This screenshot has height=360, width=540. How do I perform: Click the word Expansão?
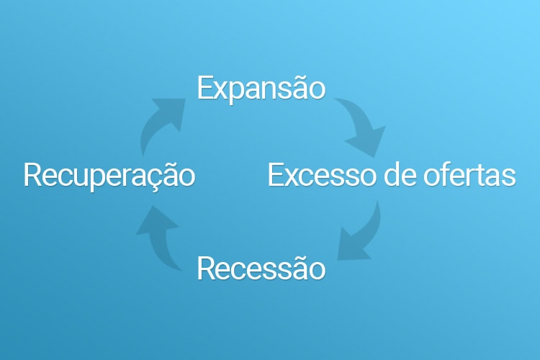[261, 88]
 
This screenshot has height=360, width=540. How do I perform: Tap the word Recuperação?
[109, 175]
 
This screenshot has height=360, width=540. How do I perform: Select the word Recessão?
[261, 269]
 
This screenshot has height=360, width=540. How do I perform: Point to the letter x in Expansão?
[219, 89]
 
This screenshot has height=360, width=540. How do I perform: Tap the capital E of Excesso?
[276, 175]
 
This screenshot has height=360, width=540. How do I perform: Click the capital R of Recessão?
[205, 269]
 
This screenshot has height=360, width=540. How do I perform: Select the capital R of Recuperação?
[32, 175]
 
